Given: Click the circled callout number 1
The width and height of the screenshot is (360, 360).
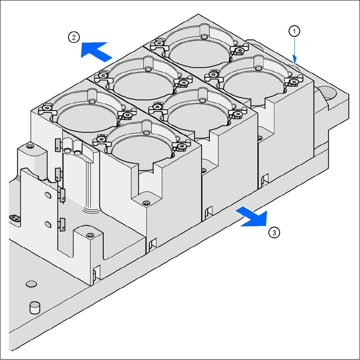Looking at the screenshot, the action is (x=294, y=31).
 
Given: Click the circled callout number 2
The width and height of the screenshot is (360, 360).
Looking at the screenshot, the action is (x=74, y=37).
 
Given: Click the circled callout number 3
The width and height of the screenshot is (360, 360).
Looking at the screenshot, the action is (x=274, y=233).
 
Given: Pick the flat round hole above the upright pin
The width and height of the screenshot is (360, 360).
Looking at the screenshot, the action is (x=31, y=284).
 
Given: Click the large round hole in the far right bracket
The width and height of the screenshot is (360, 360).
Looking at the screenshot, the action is (x=327, y=93).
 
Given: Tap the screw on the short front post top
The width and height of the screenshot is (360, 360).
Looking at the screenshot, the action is (x=91, y=236).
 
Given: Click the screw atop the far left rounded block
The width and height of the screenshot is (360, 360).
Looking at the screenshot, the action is (x=29, y=146).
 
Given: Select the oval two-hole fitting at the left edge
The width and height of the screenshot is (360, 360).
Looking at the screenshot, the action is (x=14, y=218).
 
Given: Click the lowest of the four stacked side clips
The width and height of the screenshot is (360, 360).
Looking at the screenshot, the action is (x=62, y=224).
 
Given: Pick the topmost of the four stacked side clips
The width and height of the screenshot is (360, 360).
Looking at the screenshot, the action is (x=58, y=145).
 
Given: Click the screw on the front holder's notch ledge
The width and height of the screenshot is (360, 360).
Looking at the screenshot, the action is (x=146, y=203).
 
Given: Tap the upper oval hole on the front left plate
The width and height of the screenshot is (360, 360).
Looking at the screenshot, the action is (x=48, y=195).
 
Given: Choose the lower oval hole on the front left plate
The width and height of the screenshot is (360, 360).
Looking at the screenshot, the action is (x=48, y=224).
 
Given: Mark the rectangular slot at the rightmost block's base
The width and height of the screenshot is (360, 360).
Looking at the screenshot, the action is (x=265, y=179).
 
